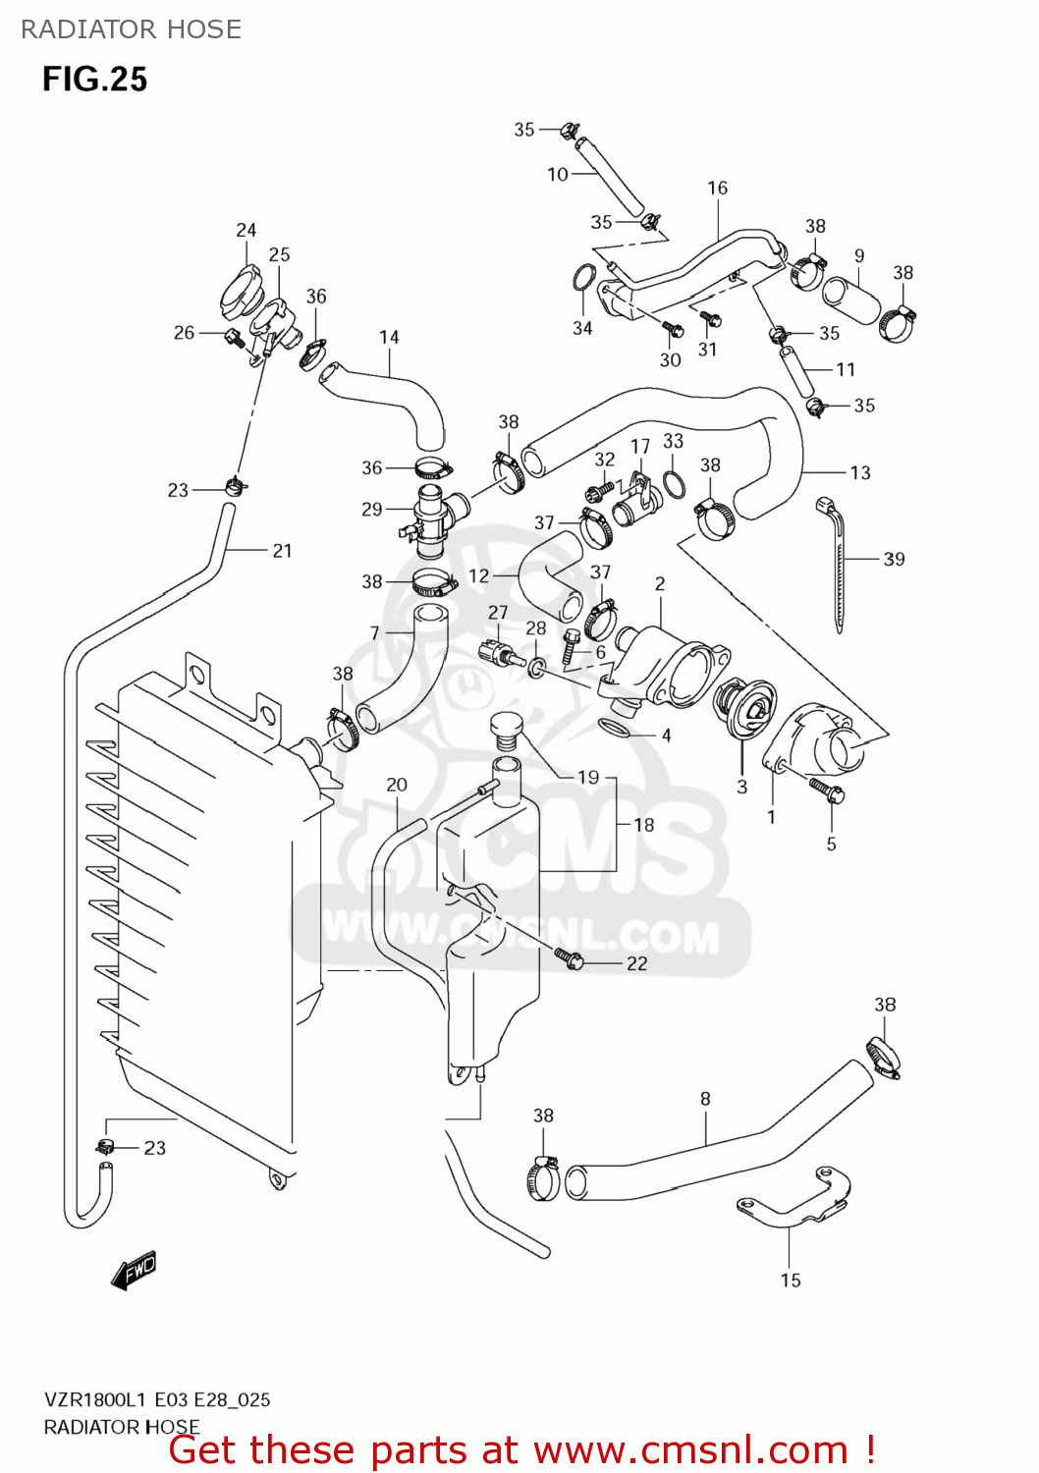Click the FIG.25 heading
click(x=94, y=80)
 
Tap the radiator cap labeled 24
click(x=240, y=292)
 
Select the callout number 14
click(x=389, y=337)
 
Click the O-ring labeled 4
click(x=615, y=728)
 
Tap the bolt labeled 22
click(x=570, y=958)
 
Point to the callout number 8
click(x=705, y=1099)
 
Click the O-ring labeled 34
click(x=583, y=279)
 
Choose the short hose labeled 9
click(x=851, y=300)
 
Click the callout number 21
click(x=283, y=551)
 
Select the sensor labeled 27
click(x=496, y=653)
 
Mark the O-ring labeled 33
click(x=674, y=483)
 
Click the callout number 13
click(x=860, y=472)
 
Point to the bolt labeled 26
click(x=235, y=338)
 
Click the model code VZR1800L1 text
click(x=95, y=1400)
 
